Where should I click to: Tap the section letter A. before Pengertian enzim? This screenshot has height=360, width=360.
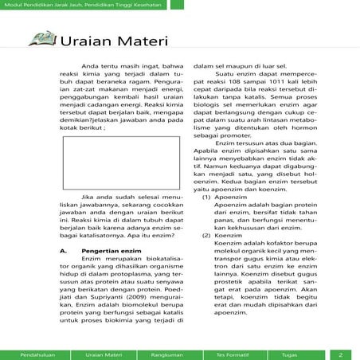[x=63, y=251]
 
